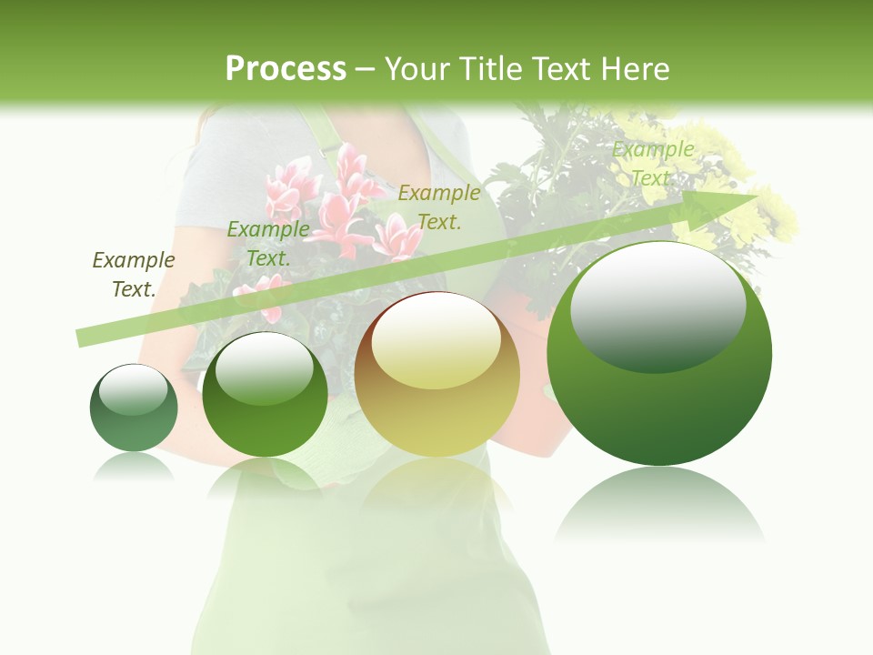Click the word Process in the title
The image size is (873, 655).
(x=286, y=69)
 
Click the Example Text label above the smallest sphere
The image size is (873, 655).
(x=134, y=274)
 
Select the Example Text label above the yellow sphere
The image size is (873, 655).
(x=439, y=207)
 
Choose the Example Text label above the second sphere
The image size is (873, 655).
(x=268, y=243)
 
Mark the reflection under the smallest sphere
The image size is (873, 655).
(x=134, y=466)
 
